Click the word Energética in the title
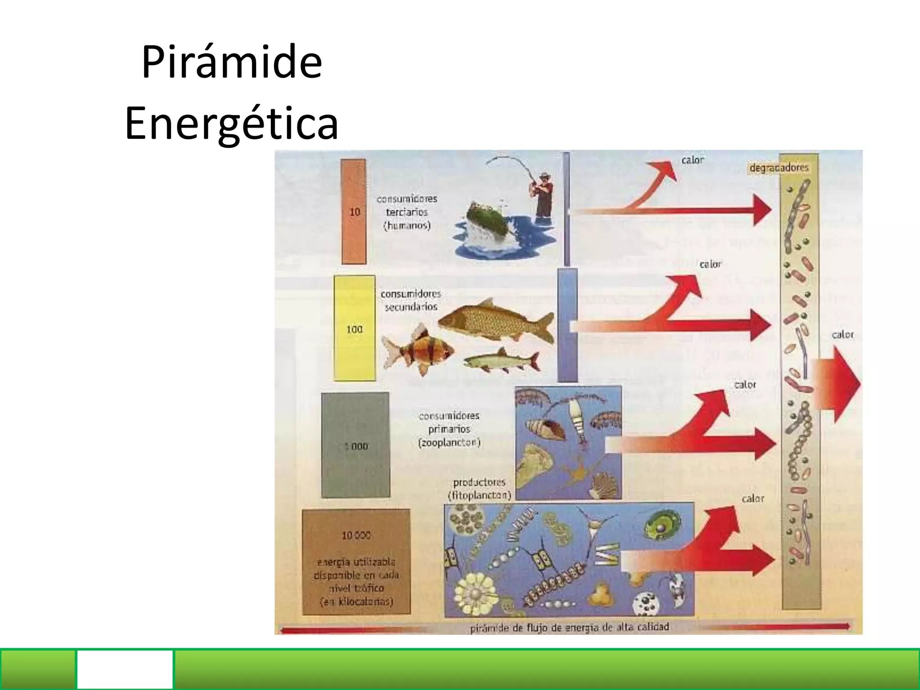tap(231, 123)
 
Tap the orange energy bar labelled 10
tap(354, 212)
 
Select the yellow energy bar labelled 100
tap(354, 328)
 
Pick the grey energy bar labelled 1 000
tap(355, 445)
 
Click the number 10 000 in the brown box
tap(356, 535)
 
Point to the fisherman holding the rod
tap(543, 193)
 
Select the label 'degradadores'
tap(779, 168)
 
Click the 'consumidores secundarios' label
tap(411, 300)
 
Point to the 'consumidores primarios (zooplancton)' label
tap(449, 429)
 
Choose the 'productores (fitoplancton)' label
tap(479, 488)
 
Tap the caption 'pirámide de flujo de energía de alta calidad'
tap(569, 627)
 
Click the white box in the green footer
tap(125, 669)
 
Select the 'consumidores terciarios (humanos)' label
tap(407, 212)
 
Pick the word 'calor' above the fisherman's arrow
tap(692, 160)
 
